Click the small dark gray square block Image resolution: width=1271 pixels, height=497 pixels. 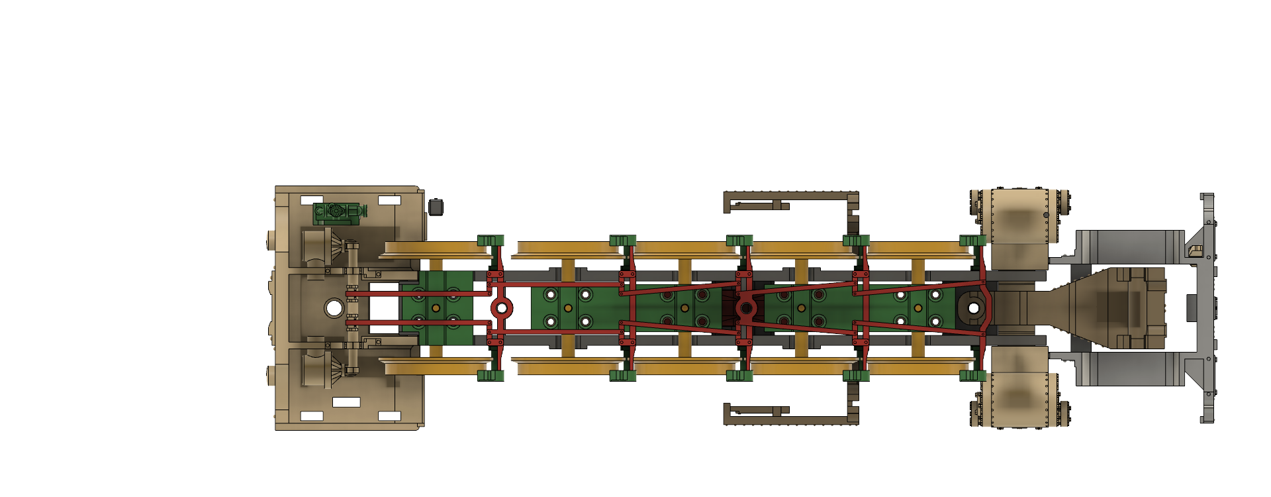coord(436,207)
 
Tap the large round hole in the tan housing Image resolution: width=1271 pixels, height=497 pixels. coord(334,307)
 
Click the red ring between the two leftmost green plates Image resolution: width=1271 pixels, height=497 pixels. coord(501,307)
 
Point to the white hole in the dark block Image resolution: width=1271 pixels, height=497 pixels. coord(973,307)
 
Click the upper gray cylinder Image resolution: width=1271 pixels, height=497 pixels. coord(1129,247)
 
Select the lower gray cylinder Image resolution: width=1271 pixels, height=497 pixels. coord(1129,368)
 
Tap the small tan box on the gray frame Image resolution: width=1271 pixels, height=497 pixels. coord(1195,250)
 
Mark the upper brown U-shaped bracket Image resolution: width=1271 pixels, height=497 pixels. coord(791,199)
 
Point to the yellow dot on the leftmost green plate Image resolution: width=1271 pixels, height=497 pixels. coord(436,308)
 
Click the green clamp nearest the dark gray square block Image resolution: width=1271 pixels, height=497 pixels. coord(490,240)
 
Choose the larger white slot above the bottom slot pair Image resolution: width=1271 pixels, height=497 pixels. coord(346,402)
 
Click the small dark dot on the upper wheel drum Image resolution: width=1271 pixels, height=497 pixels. coord(1046,215)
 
